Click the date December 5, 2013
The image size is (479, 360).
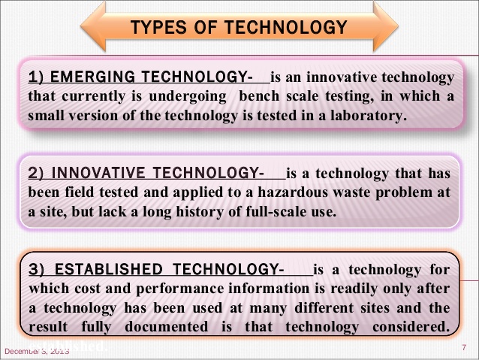[x=36, y=351]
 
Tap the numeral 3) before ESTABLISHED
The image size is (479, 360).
[x=36, y=269]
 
